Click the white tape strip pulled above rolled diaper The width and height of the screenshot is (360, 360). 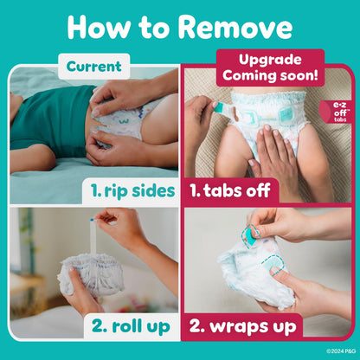pos(92,234)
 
